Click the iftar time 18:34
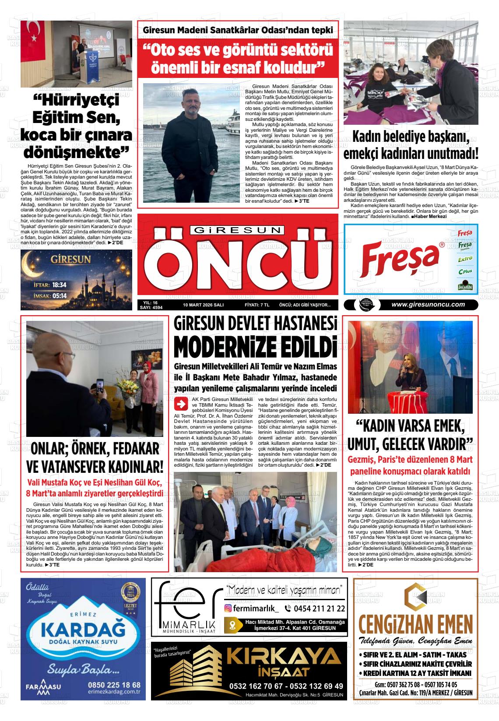pos(59,285)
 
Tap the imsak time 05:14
pos(59,296)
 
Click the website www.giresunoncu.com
pos(428,305)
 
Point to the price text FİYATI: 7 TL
pos(257,305)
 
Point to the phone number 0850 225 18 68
pos(114,684)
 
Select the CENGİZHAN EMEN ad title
pos(415,624)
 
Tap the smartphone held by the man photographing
pos(99,387)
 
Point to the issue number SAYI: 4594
pos(151,308)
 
